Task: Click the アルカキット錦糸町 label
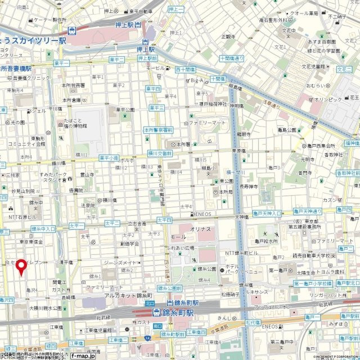pyautogui.click(x=129, y=295)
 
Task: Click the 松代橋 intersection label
pyautogui.click(x=252, y=323)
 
